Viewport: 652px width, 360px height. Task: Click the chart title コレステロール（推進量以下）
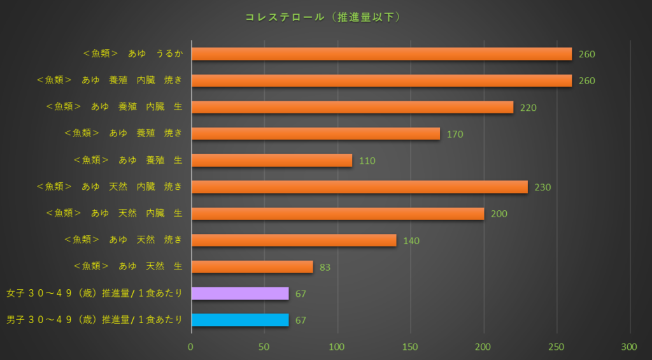click(x=323, y=17)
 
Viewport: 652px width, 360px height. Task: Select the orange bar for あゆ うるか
click(x=381, y=54)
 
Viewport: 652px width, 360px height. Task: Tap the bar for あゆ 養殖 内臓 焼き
click(x=381, y=81)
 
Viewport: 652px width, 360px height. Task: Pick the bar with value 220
click(x=352, y=108)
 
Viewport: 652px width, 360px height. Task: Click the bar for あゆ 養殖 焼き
click(x=315, y=134)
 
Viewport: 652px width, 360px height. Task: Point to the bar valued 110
click(x=271, y=161)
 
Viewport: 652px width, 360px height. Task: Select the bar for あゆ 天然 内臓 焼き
click(x=360, y=187)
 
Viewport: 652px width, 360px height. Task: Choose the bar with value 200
click(x=337, y=213)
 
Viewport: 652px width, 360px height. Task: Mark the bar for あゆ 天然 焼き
click(x=294, y=240)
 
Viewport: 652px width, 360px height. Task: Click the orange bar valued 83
click(x=252, y=267)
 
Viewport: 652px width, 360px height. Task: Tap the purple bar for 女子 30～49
click(x=240, y=294)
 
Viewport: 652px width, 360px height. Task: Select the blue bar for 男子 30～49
click(x=240, y=320)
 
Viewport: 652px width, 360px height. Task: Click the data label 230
click(x=542, y=187)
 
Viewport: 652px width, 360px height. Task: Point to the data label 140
click(x=411, y=241)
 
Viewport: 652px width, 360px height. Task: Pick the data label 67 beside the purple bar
click(x=301, y=294)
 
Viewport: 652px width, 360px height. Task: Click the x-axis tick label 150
click(x=411, y=347)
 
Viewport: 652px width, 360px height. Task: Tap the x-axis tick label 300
click(x=630, y=347)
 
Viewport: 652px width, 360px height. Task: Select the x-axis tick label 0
click(x=191, y=347)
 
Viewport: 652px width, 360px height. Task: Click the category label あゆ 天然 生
click(x=129, y=267)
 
